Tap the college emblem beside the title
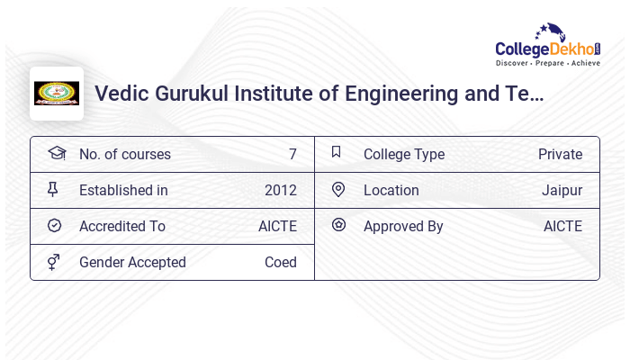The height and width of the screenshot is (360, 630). click(x=57, y=94)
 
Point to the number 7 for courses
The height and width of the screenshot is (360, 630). click(x=292, y=155)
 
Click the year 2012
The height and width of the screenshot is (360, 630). click(x=281, y=191)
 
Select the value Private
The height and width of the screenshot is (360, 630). click(x=560, y=155)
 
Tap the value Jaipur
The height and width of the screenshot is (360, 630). click(x=562, y=191)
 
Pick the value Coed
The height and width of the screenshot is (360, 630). click(x=281, y=263)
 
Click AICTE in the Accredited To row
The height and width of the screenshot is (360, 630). click(x=277, y=227)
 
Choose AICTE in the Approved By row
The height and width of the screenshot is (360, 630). click(x=562, y=227)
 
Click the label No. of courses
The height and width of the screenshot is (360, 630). click(x=125, y=155)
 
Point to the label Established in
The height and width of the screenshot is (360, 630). click(x=123, y=191)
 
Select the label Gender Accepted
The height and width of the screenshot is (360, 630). click(x=132, y=263)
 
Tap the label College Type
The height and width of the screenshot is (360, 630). click(x=404, y=155)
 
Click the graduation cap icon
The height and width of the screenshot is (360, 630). click(x=57, y=153)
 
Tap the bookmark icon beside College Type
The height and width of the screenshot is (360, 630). click(x=337, y=152)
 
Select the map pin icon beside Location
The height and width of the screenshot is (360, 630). click(x=338, y=190)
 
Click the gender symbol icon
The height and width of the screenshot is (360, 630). click(x=54, y=263)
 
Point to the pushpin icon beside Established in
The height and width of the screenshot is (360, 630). click(x=53, y=190)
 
